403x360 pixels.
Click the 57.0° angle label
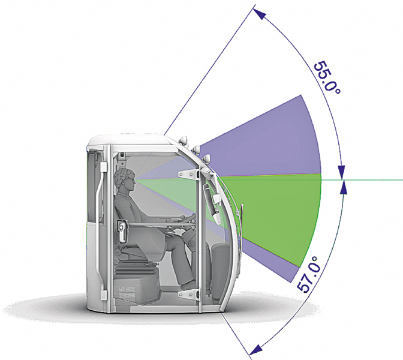coord(309,274)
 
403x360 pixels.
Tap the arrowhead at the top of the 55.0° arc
coord(260,14)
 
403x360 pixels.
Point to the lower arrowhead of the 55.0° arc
coord(341,172)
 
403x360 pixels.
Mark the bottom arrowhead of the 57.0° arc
coord(256,350)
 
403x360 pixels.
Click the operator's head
coord(125,179)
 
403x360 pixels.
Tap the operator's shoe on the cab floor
coord(190,285)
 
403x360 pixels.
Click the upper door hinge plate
coord(190,175)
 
